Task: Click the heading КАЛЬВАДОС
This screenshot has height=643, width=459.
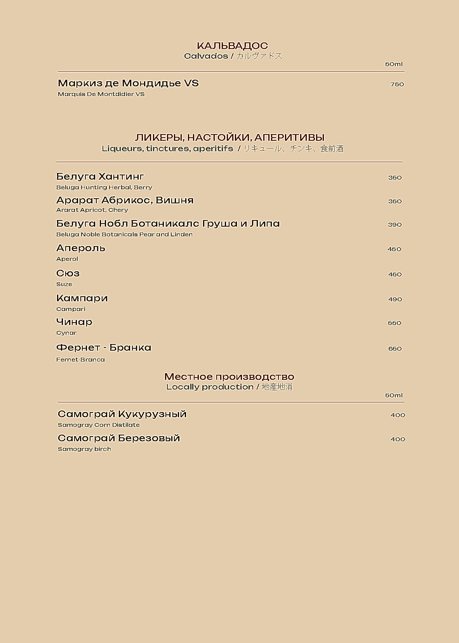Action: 232,46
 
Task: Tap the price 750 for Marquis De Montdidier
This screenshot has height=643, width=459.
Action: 397,84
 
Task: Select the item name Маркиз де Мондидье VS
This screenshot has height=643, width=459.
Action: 128,83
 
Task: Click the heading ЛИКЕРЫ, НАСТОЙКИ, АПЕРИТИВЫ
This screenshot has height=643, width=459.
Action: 229,137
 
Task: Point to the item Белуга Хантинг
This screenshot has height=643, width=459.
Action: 100,176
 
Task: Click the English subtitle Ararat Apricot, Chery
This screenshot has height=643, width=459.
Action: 92,210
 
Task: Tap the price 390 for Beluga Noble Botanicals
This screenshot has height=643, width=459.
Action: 395,225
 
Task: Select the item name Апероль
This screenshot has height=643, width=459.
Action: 81,248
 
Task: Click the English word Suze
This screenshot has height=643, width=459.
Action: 64,284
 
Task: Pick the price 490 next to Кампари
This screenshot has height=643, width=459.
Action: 395,299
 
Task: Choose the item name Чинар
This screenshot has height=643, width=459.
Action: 74,322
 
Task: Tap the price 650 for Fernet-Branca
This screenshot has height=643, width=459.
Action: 395,349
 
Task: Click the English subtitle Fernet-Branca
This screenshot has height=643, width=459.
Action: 80,360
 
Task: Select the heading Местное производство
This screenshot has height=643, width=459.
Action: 229,377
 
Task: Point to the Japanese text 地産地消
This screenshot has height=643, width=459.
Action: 277,387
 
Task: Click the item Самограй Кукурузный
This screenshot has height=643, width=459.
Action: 122,414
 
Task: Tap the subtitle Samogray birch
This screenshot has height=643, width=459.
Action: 84,449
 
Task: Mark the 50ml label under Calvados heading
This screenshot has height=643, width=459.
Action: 394,64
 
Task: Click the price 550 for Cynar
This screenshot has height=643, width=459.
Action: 395,323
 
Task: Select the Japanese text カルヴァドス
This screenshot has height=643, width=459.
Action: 259,56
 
